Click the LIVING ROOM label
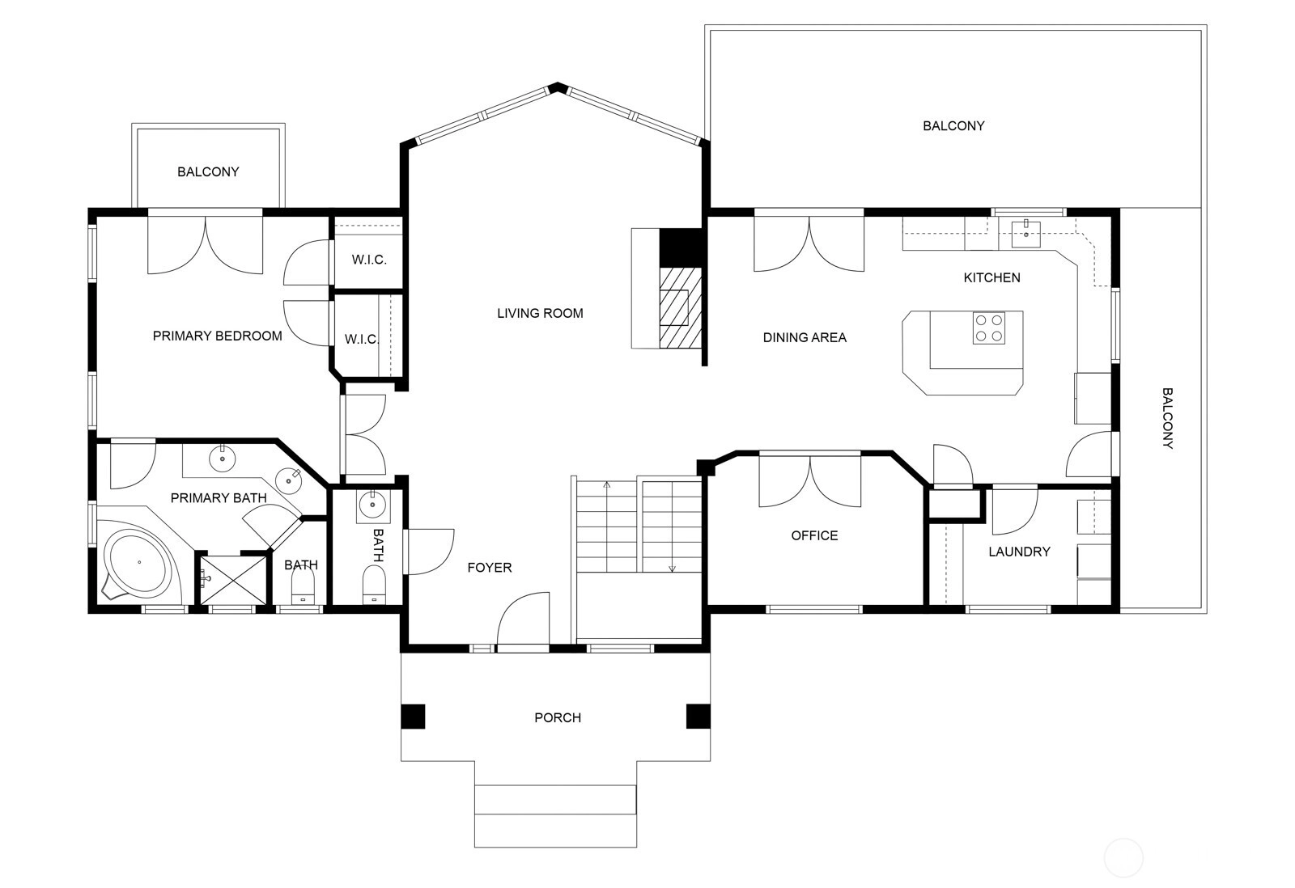(x=540, y=313)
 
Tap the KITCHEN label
(x=991, y=278)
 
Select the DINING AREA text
(x=805, y=337)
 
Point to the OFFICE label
(x=814, y=535)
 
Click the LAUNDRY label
(x=1019, y=552)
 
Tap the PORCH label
(x=558, y=717)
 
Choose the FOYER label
(x=489, y=568)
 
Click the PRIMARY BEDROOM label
(x=218, y=336)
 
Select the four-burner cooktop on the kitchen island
(x=988, y=328)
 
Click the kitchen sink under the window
(x=1026, y=234)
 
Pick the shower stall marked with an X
(x=233, y=580)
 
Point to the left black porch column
(x=414, y=717)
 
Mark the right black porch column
(x=698, y=717)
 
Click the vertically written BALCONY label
(x=1167, y=418)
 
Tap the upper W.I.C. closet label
(x=369, y=260)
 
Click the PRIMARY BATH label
(x=219, y=498)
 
